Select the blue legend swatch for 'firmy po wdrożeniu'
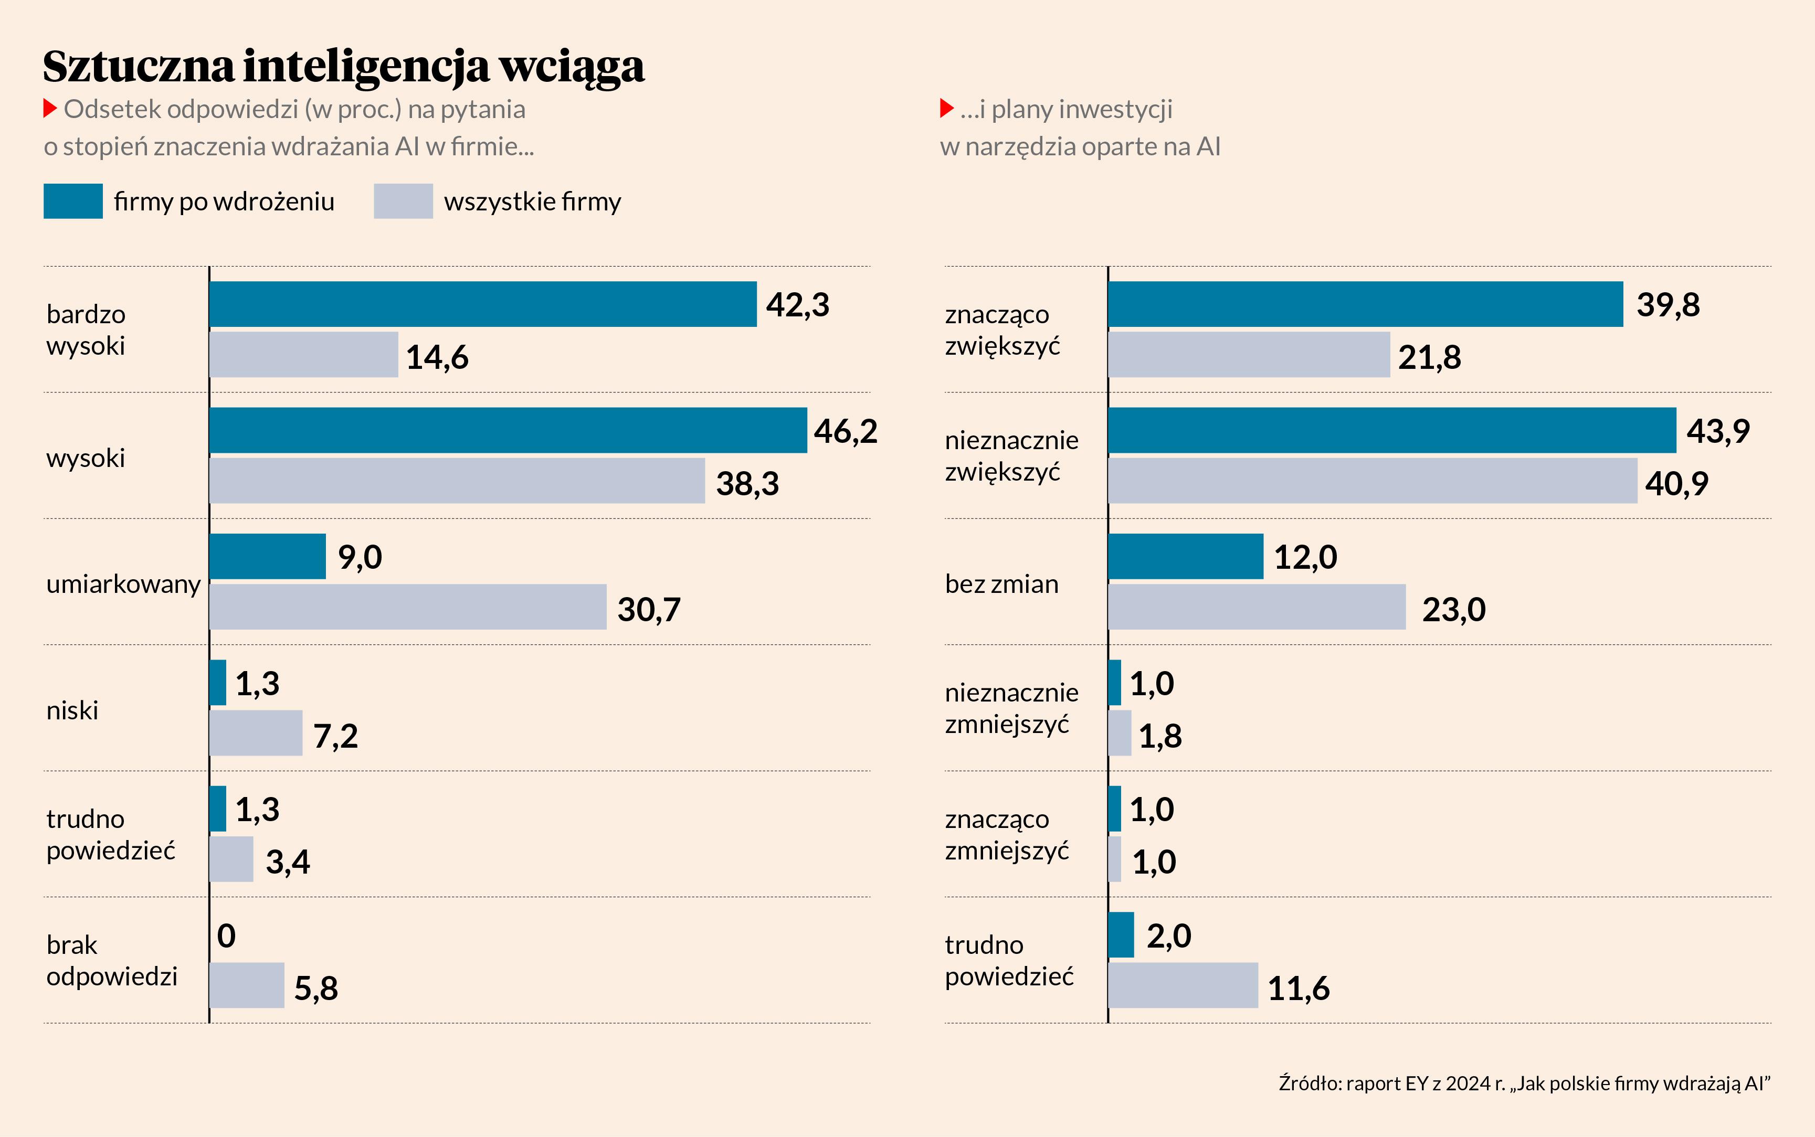tap(73, 201)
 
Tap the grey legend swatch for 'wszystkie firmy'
tap(403, 201)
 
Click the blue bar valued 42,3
tap(483, 304)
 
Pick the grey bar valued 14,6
tap(304, 354)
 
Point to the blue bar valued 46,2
tap(508, 430)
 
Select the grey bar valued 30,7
tap(408, 607)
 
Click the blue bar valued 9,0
tap(268, 557)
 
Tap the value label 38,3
tap(747, 483)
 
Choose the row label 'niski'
tap(72, 710)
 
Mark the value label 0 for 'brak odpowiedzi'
tap(226, 936)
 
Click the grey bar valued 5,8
tap(247, 985)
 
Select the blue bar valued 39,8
tap(1365, 304)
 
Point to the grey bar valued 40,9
tap(1372, 481)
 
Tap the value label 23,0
tap(1453, 609)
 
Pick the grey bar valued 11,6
tap(1183, 985)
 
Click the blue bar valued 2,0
tap(1121, 934)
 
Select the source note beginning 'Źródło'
tap(1524, 1083)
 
